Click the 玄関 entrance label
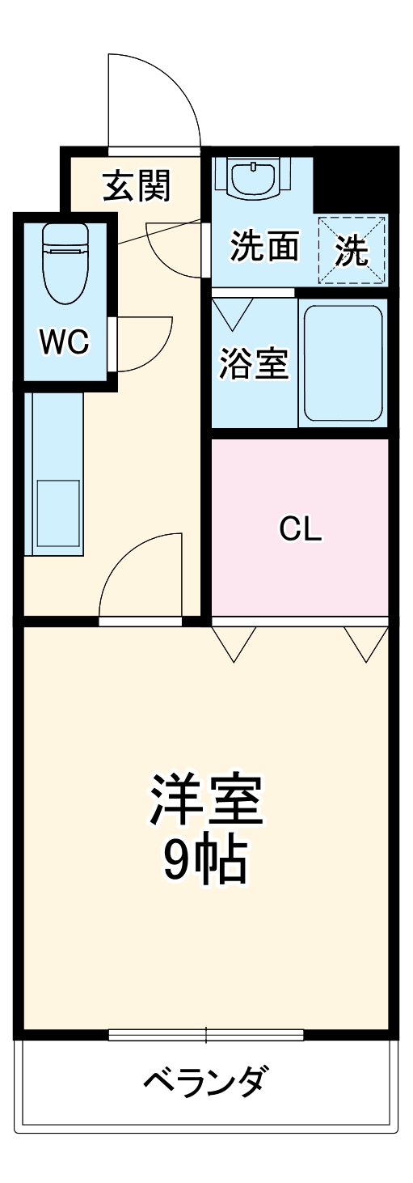coord(136,188)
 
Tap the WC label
coord(65,343)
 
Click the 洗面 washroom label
coord(264,247)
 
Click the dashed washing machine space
coord(352,250)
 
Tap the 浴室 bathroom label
coord(254,364)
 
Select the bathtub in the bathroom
coord(343,363)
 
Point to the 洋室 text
coord(207,800)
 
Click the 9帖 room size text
coord(205,863)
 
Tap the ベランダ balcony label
coord(205,1079)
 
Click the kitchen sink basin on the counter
coord(57,516)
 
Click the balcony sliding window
coord(206,1034)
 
